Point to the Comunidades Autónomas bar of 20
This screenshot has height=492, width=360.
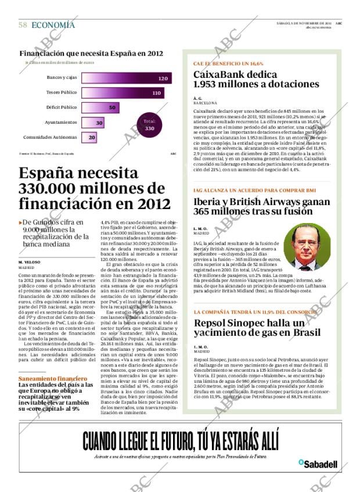(x=91, y=138)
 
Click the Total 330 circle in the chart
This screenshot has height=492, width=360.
(x=149, y=125)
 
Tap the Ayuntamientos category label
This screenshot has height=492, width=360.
(x=61, y=123)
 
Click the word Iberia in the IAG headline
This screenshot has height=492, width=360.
(x=210, y=203)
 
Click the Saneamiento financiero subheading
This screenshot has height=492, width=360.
(x=46, y=379)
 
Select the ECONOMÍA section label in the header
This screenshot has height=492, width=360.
(x=53, y=25)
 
